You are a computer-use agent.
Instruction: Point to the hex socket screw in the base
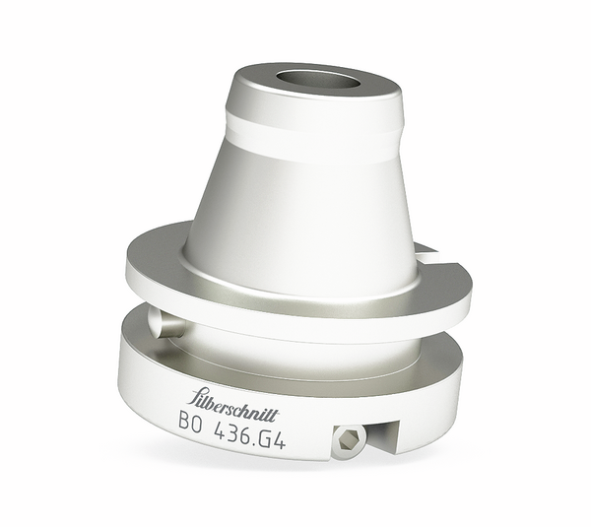[349, 442]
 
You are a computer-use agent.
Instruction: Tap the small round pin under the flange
[164, 323]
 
